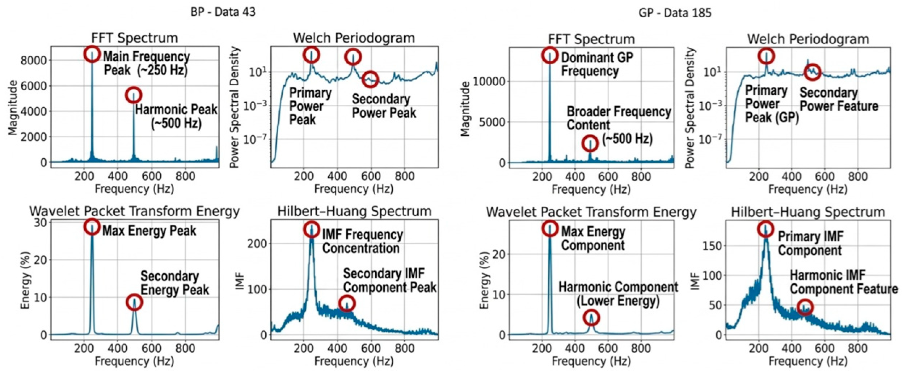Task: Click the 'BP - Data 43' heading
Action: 223,12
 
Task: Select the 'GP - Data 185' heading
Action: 675,13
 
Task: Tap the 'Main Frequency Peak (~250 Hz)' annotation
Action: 146,63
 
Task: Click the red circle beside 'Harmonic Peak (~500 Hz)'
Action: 134,95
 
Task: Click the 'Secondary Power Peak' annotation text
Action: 383,106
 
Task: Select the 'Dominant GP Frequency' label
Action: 597,64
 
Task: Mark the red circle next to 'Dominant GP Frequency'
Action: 550,55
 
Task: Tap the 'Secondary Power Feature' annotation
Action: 839,99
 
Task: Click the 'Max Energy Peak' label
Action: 149,231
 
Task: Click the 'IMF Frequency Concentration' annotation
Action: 362,241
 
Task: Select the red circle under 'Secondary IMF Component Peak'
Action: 347,303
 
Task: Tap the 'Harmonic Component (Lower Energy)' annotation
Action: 618,294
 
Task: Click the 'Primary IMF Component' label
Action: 810,243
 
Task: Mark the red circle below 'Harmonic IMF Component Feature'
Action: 804,307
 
